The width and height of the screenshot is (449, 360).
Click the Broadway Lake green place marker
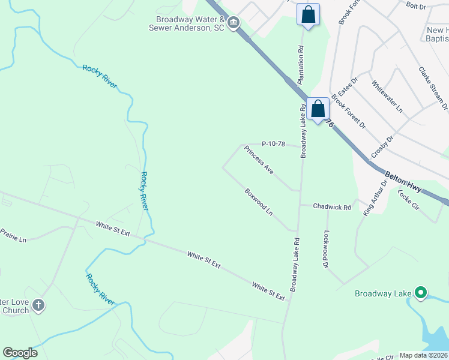tap(421, 293)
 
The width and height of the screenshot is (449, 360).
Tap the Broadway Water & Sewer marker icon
tap(234, 23)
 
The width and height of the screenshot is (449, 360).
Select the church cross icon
tap(38, 305)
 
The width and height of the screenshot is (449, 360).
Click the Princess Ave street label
tap(259, 160)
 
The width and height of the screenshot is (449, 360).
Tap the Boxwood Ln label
tap(259, 202)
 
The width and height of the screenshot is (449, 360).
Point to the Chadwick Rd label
tap(332, 207)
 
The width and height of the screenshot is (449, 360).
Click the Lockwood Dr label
tap(327, 250)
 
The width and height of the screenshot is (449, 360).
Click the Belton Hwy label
tap(403, 173)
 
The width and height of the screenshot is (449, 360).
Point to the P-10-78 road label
tap(273, 144)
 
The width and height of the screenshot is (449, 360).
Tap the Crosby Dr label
tap(382, 146)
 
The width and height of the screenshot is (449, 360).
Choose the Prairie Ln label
tap(13, 235)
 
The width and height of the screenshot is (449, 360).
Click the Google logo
tap(20, 353)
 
